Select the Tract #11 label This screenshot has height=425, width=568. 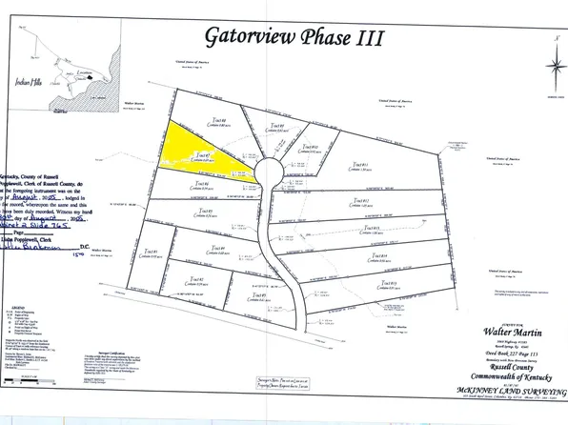pyautogui.click(x=359, y=201)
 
